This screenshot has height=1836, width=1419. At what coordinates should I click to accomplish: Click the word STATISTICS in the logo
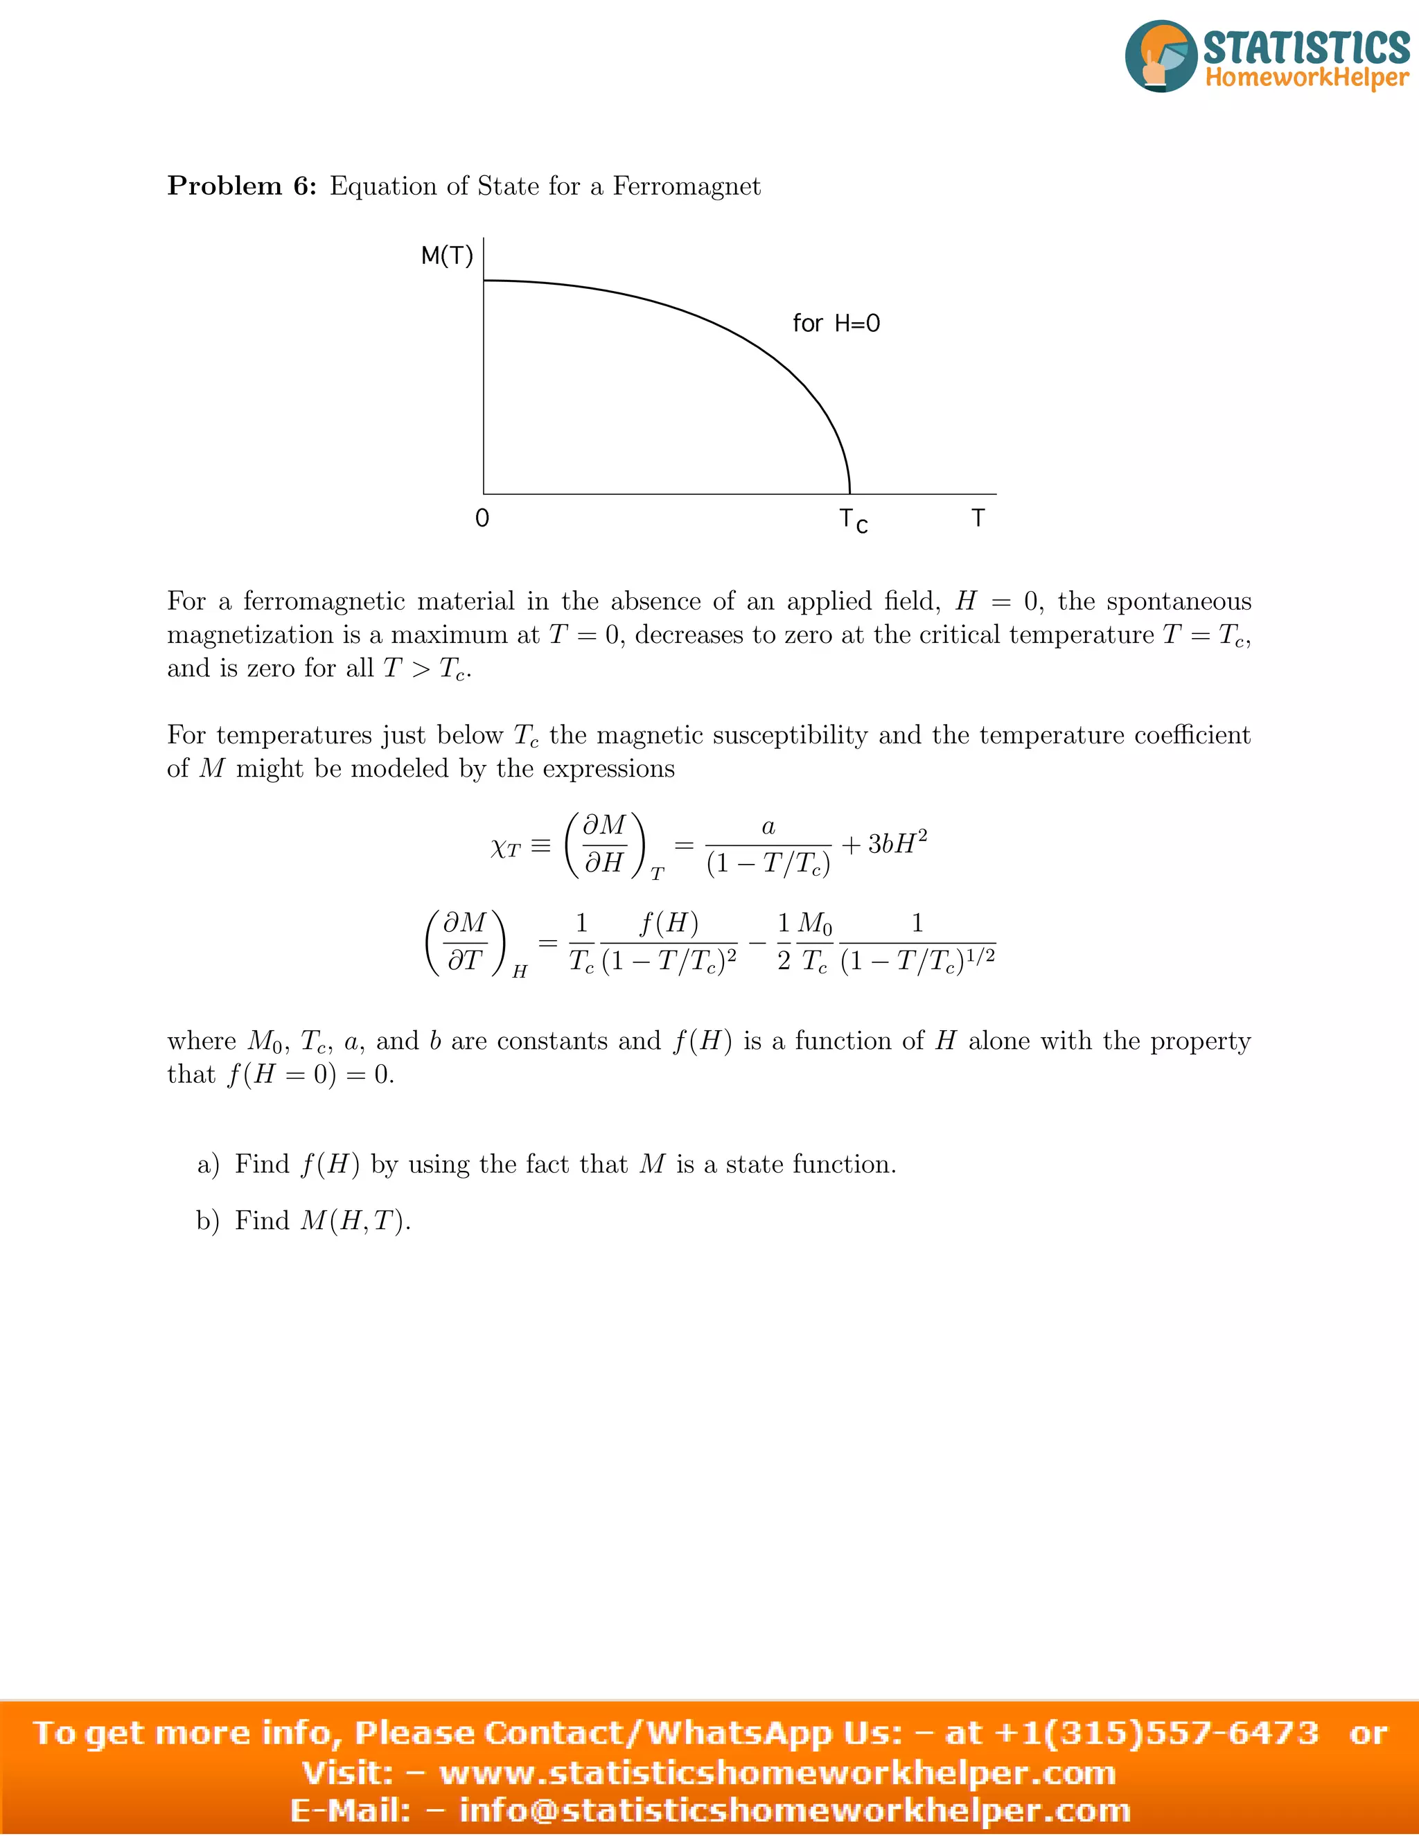click(x=1306, y=46)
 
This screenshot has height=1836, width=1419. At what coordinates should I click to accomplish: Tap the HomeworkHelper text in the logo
click(x=1306, y=78)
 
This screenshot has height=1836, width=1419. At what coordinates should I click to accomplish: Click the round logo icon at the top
click(x=1161, y=56)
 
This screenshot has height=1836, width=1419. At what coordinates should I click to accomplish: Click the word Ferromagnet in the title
click(x=686, y=186)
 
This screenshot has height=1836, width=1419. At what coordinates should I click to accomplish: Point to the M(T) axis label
click(x=447, y=256)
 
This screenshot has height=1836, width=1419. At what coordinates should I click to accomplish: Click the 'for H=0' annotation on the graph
click(x=836, y=324)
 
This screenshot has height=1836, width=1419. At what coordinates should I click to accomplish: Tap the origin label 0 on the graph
click(x=482, y=519)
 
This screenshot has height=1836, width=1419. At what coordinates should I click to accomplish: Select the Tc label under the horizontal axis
click(x=852, y=521)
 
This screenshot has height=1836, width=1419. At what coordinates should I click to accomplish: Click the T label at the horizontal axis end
click(x=978, y=519)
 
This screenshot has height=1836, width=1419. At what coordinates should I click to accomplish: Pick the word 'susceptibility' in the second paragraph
click(x=732, y=736)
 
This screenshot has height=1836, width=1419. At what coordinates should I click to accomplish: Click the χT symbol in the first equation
click(x=506, y=847)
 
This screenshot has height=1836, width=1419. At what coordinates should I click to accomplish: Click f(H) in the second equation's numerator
click(x=669, y=924)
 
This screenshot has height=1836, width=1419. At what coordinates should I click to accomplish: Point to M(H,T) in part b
click(x=355, y=1221)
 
